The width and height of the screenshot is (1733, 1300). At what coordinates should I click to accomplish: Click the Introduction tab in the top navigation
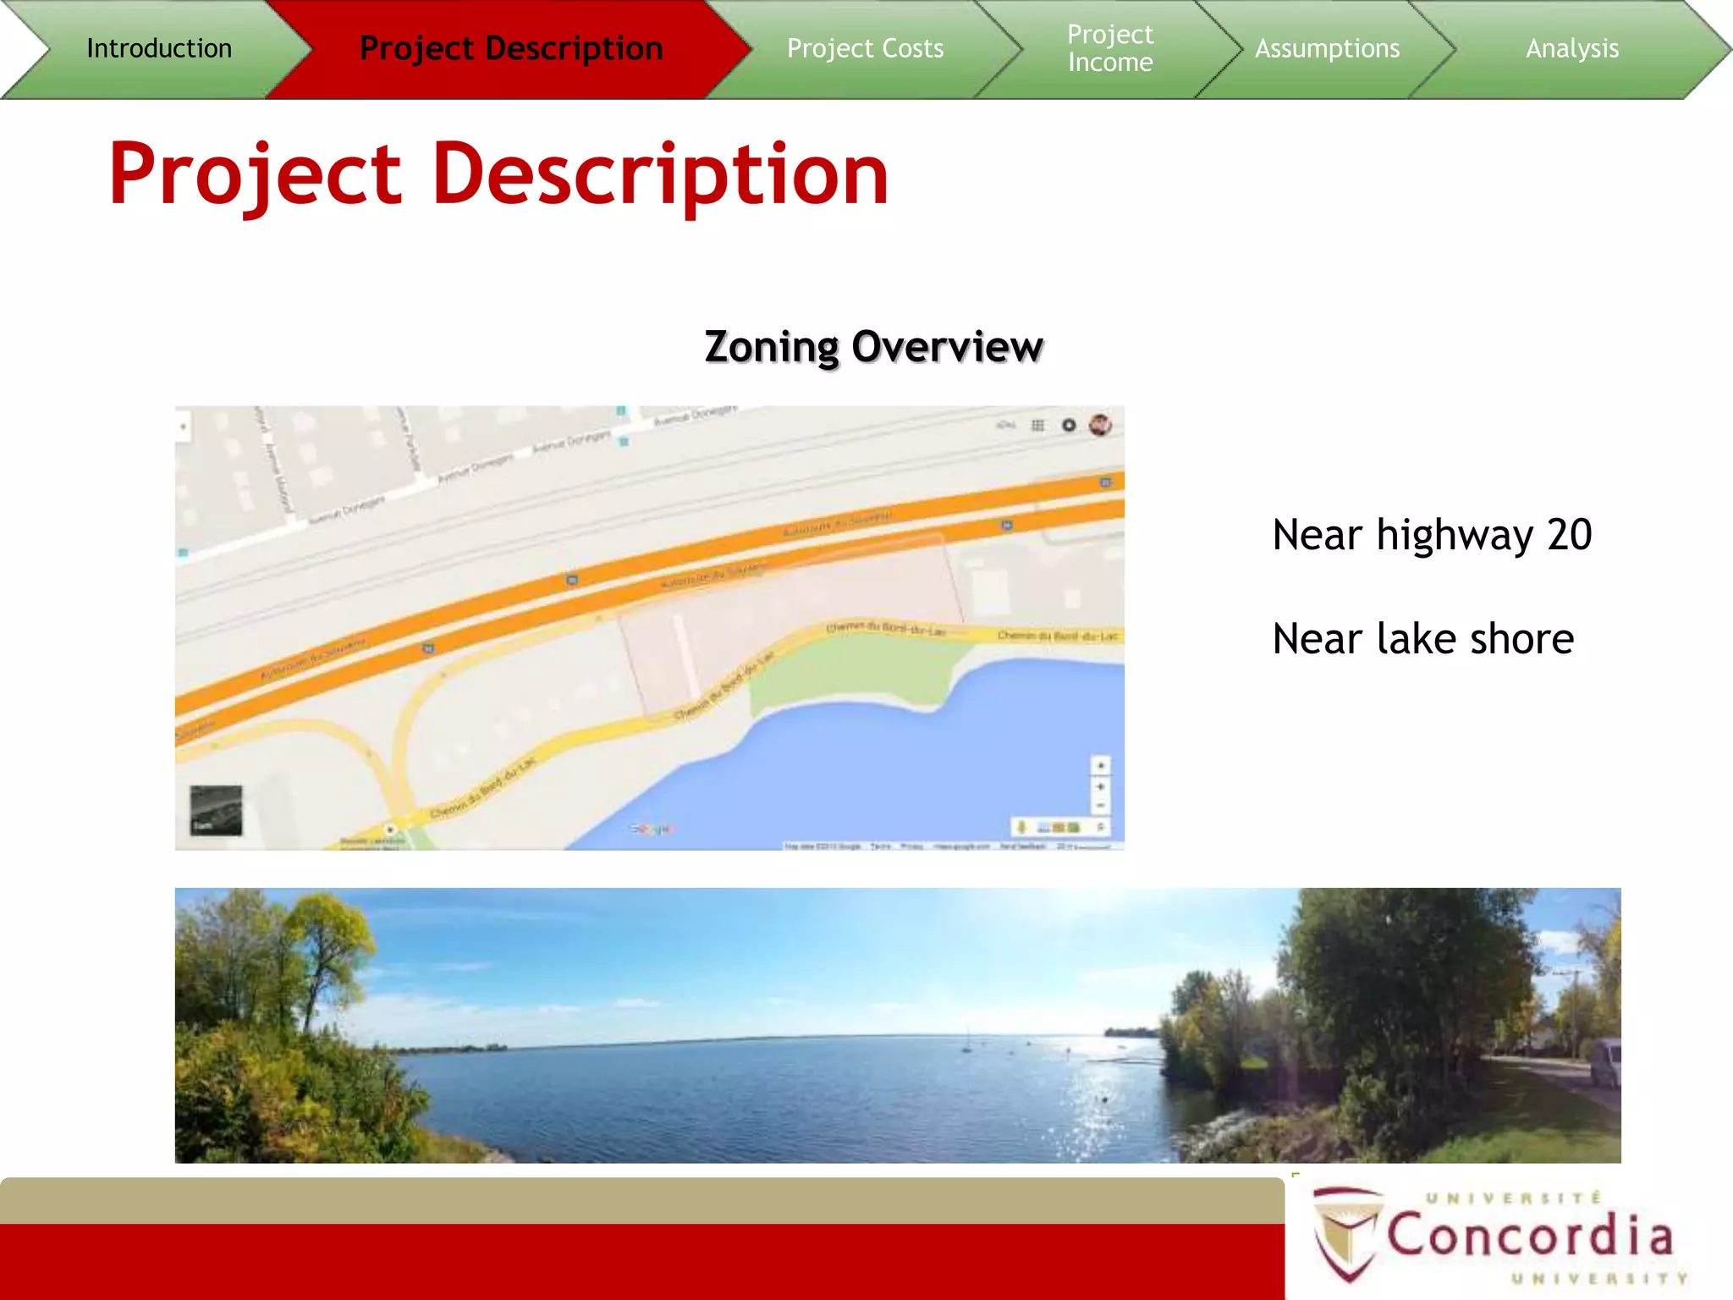click(159, 48)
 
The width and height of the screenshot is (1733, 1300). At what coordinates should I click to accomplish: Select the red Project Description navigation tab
click(511, 48)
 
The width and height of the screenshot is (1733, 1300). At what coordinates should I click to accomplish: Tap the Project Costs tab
click(865, 48)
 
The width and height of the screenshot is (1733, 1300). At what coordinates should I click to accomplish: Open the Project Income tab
click(1110, 48)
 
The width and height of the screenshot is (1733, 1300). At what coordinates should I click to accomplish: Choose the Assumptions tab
click(1327, 48)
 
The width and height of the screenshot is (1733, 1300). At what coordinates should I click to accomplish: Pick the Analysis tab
click(1572, 48)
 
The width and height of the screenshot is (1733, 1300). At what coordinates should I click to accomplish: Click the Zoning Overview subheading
click(873, 347)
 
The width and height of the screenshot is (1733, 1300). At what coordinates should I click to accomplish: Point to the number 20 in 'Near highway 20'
click(1570, 535)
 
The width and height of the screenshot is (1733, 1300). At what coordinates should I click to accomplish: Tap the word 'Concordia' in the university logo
click(1530, 1236)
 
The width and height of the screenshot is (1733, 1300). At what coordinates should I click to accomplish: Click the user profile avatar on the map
click(1100, 425)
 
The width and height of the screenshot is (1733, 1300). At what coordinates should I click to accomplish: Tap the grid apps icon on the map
click(1038, 425)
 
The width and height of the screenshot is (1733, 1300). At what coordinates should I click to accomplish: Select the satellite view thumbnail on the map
click(216, 810)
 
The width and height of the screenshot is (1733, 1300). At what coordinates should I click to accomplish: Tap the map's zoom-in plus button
click(1100, 786)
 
